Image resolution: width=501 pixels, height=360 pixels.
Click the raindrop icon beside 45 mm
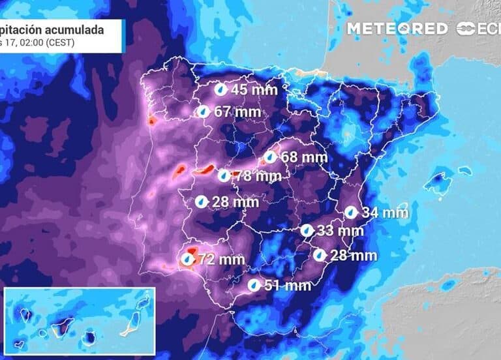(221, 89)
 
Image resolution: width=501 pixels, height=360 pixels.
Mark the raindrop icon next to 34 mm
(350, 212)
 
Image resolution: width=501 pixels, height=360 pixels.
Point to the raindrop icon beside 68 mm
(269, 157)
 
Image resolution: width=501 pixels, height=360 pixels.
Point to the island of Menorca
(464, 171)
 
